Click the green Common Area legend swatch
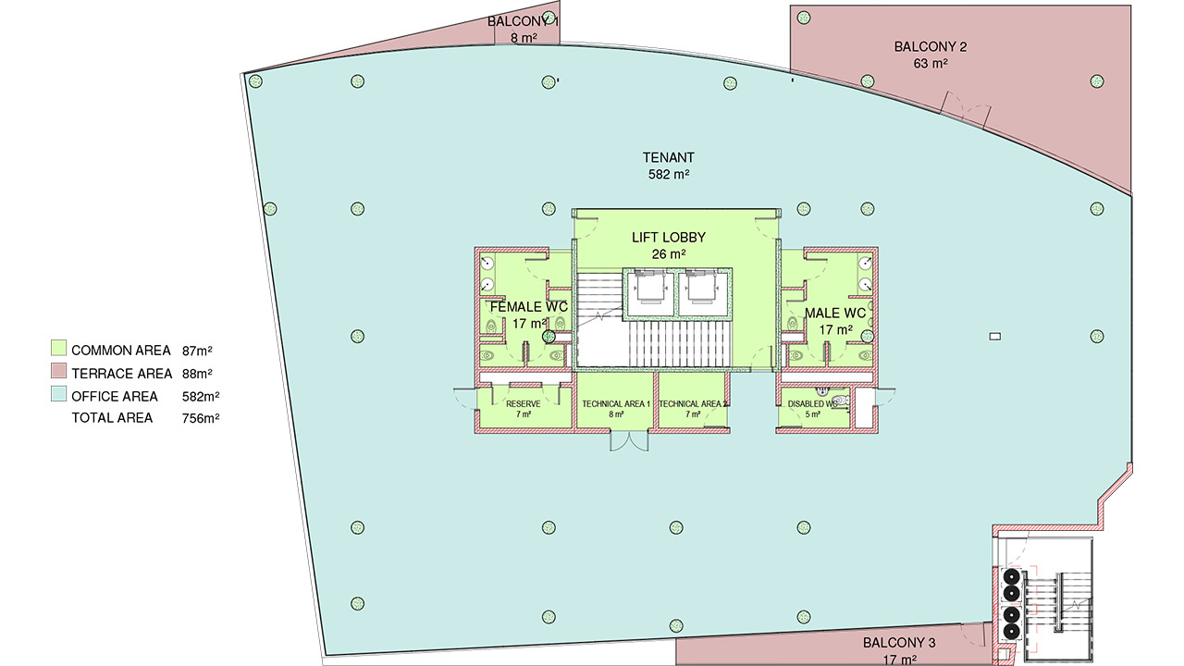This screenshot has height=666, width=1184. [x=57, y=350]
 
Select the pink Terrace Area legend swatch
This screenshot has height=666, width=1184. [x=57, y=373]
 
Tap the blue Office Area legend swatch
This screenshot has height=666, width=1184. [x=57, y=396]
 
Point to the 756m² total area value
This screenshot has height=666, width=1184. [x=201, y=418]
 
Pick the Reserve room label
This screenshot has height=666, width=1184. [x=524, y=404]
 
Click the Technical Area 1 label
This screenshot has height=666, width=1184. [x=616, y=404]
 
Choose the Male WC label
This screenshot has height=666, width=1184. [x=835, y=314]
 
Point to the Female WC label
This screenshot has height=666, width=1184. [x=528, y=306]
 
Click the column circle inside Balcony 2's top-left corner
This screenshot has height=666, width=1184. [x=804, y=17]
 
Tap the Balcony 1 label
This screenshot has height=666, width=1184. [x=523, y=20]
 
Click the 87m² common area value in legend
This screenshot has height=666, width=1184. [x=198, y=351]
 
